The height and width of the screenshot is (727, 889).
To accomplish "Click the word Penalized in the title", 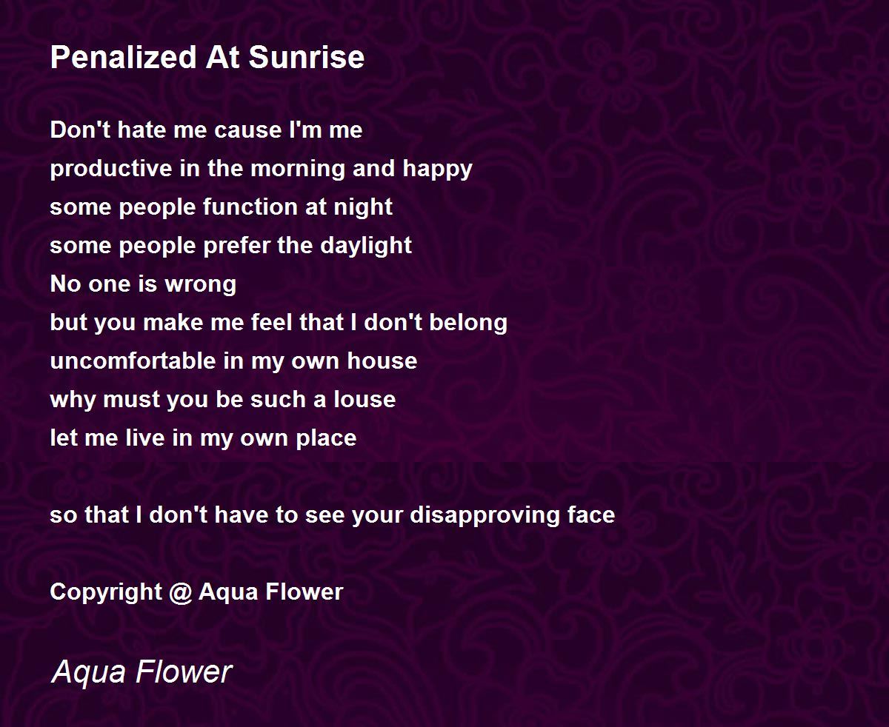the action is (x=124, y=57).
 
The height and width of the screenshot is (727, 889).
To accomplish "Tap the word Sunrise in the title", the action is (x=307, y=57).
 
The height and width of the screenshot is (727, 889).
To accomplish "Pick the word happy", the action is (x=438, y=170).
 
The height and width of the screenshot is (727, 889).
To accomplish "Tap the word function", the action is (x=250, y=207).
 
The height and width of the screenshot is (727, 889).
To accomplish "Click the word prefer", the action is (x=236, y=247).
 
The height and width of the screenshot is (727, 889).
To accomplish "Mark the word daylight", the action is (x=366, y=247).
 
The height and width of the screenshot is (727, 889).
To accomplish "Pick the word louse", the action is (x=364, y=399).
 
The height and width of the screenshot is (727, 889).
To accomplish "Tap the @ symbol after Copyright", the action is (x=181, y=593).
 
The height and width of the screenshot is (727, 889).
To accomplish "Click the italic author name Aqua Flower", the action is (x=141, y=672).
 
